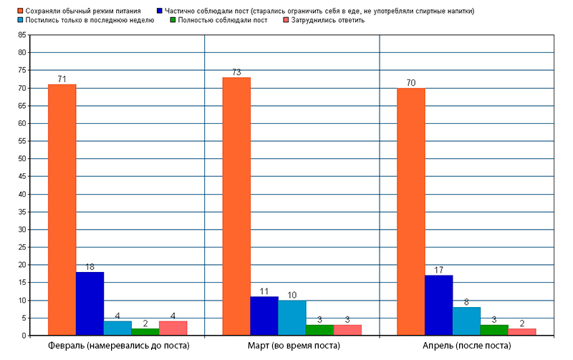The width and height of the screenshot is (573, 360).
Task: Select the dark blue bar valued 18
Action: (90, 303)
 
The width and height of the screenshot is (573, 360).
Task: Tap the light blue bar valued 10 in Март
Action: (292, 318)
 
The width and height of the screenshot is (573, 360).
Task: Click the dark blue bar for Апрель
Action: (438, 306)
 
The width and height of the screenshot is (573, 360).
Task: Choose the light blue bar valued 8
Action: (466, 321)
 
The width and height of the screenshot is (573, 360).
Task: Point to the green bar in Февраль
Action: (145, 332)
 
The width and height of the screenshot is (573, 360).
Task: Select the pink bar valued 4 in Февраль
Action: (173, 329)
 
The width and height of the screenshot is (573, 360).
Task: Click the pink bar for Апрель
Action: (522, 332)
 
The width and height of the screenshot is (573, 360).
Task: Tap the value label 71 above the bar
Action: (62, 79)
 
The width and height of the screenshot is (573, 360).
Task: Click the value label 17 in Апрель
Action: (438, 271)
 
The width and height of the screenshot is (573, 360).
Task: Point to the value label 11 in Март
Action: (264, 291)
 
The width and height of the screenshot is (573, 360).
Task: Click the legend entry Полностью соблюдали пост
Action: (223, 20)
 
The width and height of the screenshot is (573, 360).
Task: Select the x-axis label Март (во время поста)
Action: (292, 346)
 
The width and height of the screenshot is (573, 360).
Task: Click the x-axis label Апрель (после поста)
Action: (467, 346)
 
